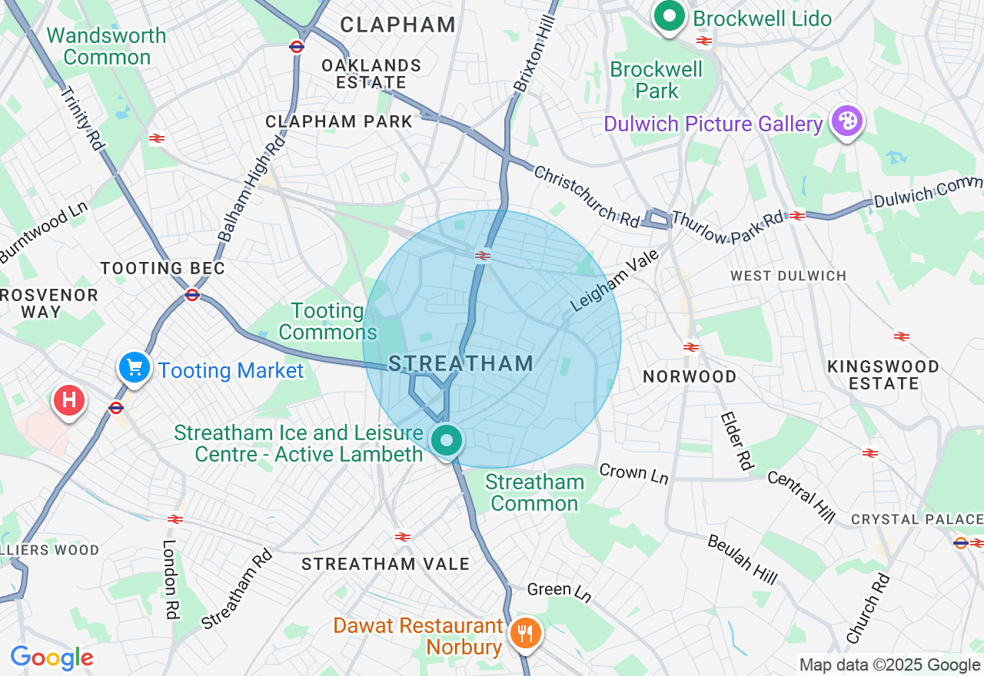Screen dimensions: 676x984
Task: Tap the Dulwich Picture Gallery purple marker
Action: pyautogui.click(x=846, y=121)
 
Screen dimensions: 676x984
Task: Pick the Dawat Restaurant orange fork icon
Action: pyautogui.click(x=526, y=634)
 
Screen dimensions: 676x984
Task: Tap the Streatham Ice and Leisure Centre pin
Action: pyautogui.click(x=447, y=441)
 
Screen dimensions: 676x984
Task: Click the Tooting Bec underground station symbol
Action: pyautogui.click(x=192, y=294)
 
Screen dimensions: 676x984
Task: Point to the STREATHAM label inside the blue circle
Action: pyautogui.click(x=460, y=363)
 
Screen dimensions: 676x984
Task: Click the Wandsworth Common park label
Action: pyautogui.click(x=106, y=46)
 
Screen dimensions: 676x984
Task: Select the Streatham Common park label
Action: pyautogui.click(x=534, y=492)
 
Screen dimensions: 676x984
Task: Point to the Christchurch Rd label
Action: pyautogui.click(x=587, y=196)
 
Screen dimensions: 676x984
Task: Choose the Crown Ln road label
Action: pyautogui.click(x=633, y=473)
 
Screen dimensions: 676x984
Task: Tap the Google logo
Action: pyautogui.click(x=52, y=658)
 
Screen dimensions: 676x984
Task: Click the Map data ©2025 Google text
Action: pyautogui.click(x=889, y=665)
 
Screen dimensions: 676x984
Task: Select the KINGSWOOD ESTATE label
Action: pyautogui.click(x=883, y=375)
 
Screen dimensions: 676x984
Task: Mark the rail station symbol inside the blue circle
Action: pyautogui.click(x=483, y=256)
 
